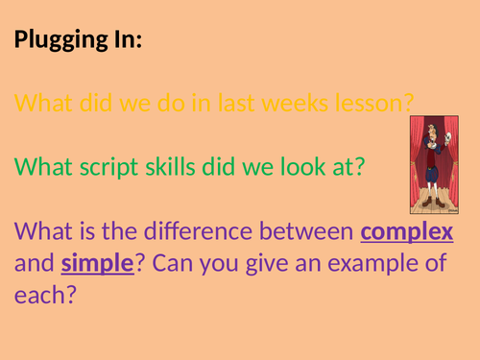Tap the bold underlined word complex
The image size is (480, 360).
407,233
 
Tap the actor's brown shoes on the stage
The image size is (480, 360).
432,203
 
